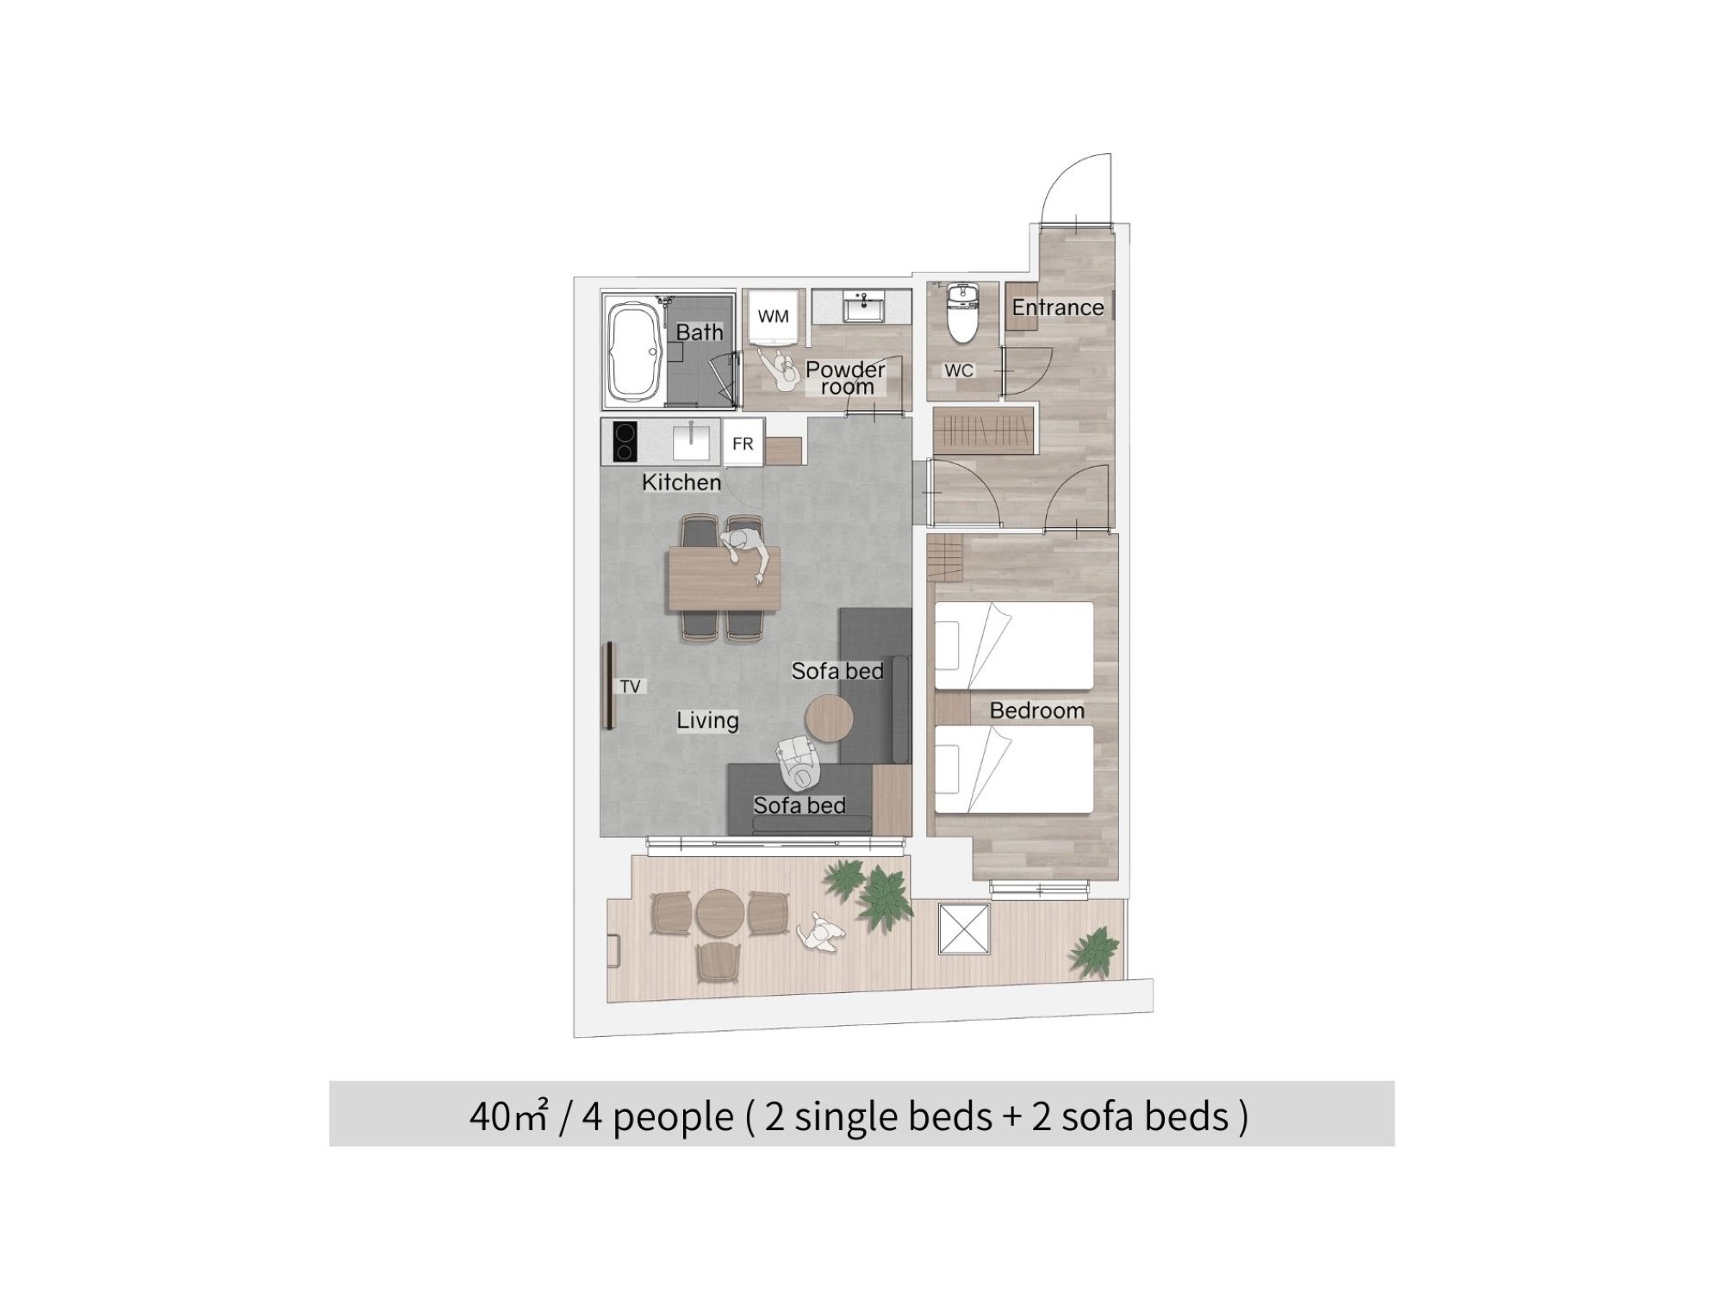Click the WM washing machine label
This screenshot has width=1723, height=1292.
773,316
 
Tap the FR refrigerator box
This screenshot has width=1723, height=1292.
743,443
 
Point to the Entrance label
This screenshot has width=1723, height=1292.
1057,307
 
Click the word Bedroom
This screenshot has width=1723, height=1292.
1036,711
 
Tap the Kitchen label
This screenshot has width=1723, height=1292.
681,482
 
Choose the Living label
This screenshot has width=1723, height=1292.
707,720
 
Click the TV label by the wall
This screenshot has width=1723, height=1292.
630,686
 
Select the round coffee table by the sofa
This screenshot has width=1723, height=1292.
829,718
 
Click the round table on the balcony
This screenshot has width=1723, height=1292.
720,913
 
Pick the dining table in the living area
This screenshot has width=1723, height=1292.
724,579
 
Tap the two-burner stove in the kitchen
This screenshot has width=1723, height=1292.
624,442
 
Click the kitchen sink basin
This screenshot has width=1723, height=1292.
692,441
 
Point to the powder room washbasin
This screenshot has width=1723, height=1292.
860,306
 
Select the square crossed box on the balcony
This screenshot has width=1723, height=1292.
964,929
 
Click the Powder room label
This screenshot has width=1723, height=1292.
845,377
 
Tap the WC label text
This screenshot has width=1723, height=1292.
959,370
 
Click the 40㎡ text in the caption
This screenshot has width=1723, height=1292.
508,1116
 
